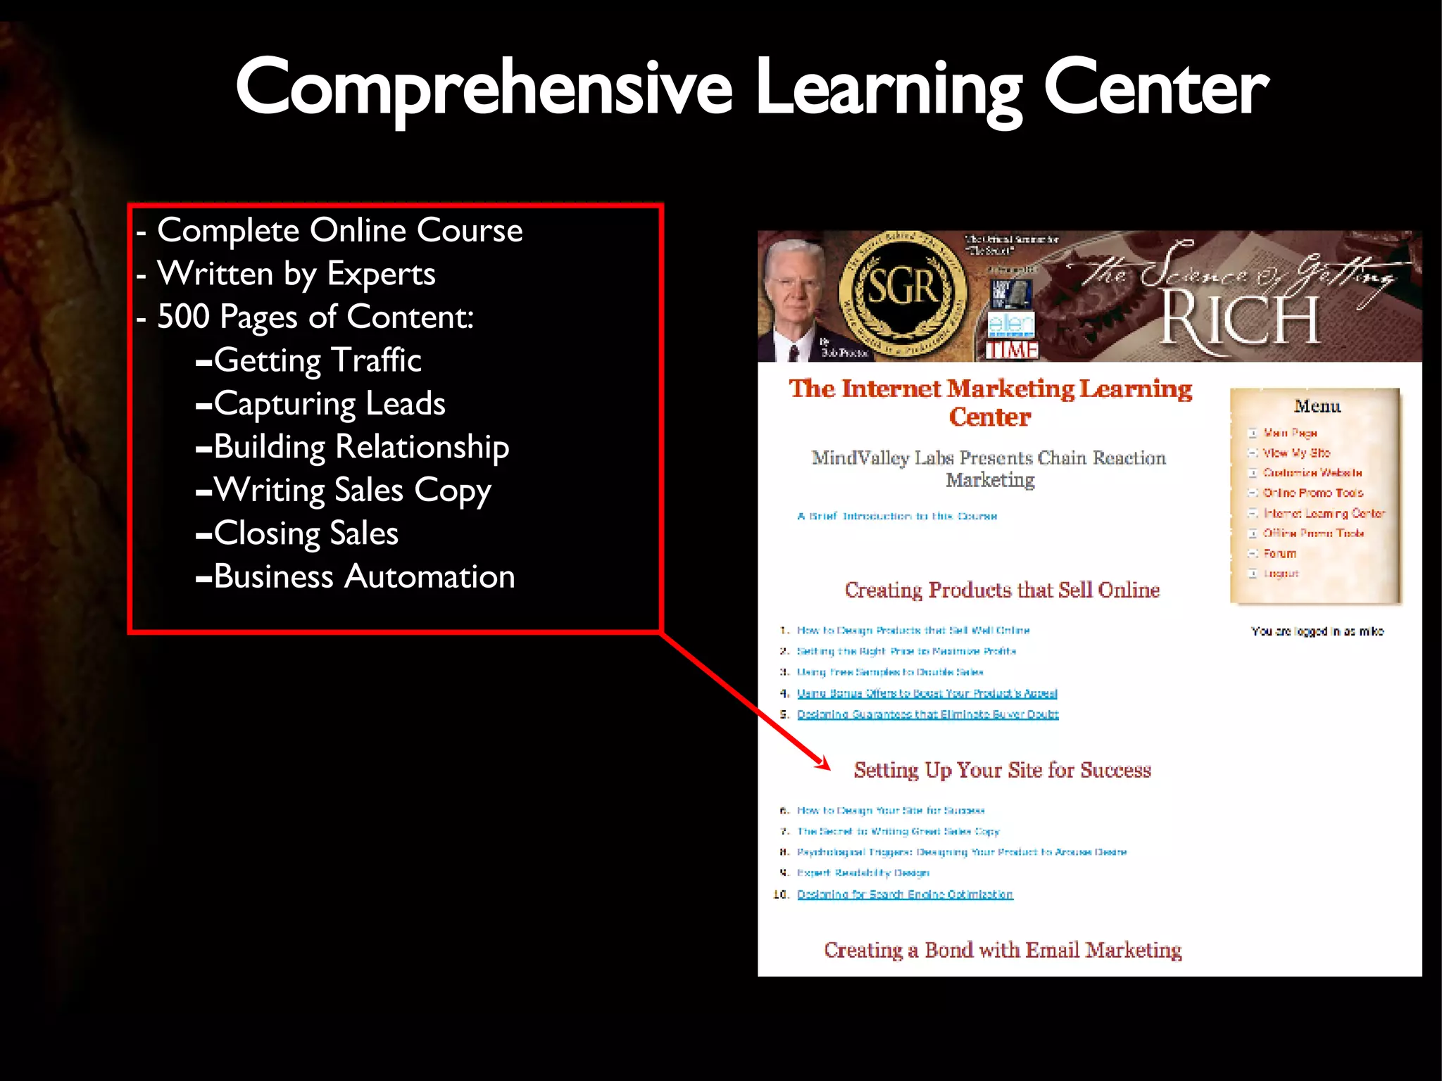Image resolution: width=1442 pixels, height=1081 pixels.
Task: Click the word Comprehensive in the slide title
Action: coord(484,88)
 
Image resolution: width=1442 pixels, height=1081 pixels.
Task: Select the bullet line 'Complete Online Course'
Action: coord(339,230)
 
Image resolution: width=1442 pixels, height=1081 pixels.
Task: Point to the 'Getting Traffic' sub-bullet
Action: coord(317,360)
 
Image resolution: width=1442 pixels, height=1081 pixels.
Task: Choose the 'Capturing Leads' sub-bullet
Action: coord(329,404)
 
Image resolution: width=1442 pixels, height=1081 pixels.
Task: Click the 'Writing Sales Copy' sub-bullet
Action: coord(352,491)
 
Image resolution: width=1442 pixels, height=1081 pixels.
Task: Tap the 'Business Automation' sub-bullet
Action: coord(364,577)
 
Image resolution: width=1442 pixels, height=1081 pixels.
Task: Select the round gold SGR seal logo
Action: coord(903,290)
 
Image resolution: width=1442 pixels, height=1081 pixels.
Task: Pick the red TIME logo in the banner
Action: coord(1012,350)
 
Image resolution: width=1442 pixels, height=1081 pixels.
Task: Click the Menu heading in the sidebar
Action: coord(1317,406)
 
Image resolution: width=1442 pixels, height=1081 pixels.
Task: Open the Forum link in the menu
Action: coord(1279,554)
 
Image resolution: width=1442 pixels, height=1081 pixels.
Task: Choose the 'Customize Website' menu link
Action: coord(1312,473)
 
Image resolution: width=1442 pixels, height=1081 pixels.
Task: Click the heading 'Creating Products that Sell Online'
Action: coord(1002,590)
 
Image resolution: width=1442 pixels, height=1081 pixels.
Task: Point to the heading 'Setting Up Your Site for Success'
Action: coord(1002,770)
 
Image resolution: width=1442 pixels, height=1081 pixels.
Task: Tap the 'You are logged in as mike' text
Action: coord(1317,631)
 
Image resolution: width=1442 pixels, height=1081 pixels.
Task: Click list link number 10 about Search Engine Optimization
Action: coord(905,894)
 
